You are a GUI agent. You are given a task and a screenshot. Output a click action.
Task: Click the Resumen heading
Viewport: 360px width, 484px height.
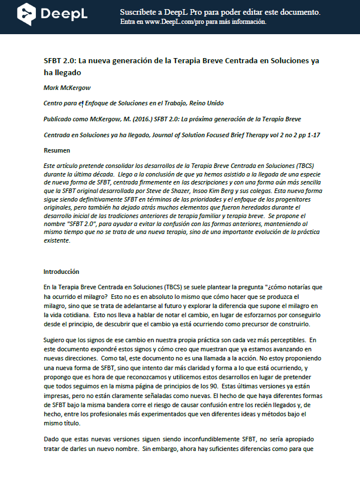click(57, 150)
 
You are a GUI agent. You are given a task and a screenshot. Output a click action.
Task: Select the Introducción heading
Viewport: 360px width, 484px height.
click(62, 272)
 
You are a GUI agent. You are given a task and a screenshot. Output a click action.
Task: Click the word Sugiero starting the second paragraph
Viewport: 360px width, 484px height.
click(55, 341)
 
